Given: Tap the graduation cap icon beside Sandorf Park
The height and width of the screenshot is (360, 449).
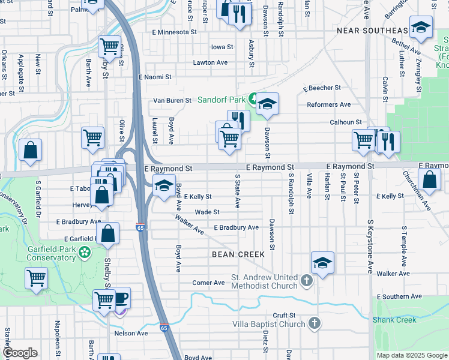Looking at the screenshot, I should pyautogui.click(x=268, y=104).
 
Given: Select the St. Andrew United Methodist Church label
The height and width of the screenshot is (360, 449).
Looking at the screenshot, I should pyautogui.click(x=264, y=281).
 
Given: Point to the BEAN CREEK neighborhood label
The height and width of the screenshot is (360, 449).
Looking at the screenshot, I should pyautogui.click(x=238, y=254).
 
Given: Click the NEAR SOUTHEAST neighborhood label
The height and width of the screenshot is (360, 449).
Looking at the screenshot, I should pyautogui.click(x=371, y=30).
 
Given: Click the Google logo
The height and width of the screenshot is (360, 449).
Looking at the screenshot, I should pyautogui.click(x=20, y=353).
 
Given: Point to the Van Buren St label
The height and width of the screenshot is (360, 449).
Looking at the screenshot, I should pyautogui.click(x=172, y=100).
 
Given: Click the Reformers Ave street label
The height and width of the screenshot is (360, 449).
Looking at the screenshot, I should pyautogui.click(x=329, y=104).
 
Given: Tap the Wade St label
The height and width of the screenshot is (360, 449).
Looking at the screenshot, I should pyautogui.click(x=207, y=212).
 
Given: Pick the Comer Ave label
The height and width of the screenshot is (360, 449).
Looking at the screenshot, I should pyautogui.click(x=208, y=283).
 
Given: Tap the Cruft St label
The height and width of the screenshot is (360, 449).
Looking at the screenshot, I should pyautogui.click(x=284, y=315).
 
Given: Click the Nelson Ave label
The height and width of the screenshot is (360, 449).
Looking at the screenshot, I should pyautogui.click(x=131, y=333).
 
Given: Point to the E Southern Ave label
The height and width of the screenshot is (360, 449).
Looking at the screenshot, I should pyautogui.click(x=399, y=297).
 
